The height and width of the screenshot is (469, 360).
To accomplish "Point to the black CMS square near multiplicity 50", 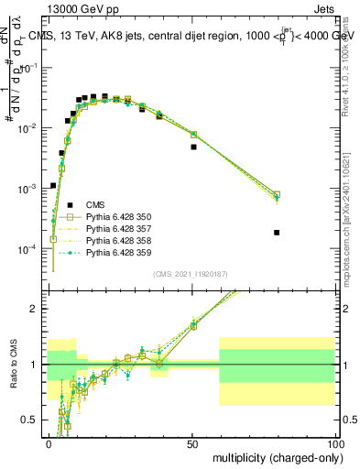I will click(193, 147).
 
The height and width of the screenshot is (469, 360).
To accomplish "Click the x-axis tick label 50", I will click(191, 443).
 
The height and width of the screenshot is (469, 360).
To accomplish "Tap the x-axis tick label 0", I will click(49, 443).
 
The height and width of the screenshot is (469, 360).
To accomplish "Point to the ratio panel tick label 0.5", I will click(32, 420).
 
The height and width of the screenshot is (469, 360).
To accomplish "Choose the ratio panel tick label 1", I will click(36, 365).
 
